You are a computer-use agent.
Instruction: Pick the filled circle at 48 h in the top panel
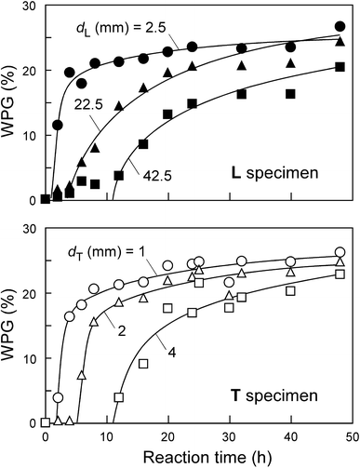tap(340, 26)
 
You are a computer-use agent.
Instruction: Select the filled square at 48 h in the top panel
tap(340, 66)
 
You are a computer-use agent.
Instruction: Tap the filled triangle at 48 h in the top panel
tap(340, 42)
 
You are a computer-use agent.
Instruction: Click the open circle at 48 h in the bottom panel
tap(340, 252)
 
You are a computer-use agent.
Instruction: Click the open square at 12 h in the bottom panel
tap(119, 397)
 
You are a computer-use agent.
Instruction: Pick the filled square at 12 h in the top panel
tap(119, 175)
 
